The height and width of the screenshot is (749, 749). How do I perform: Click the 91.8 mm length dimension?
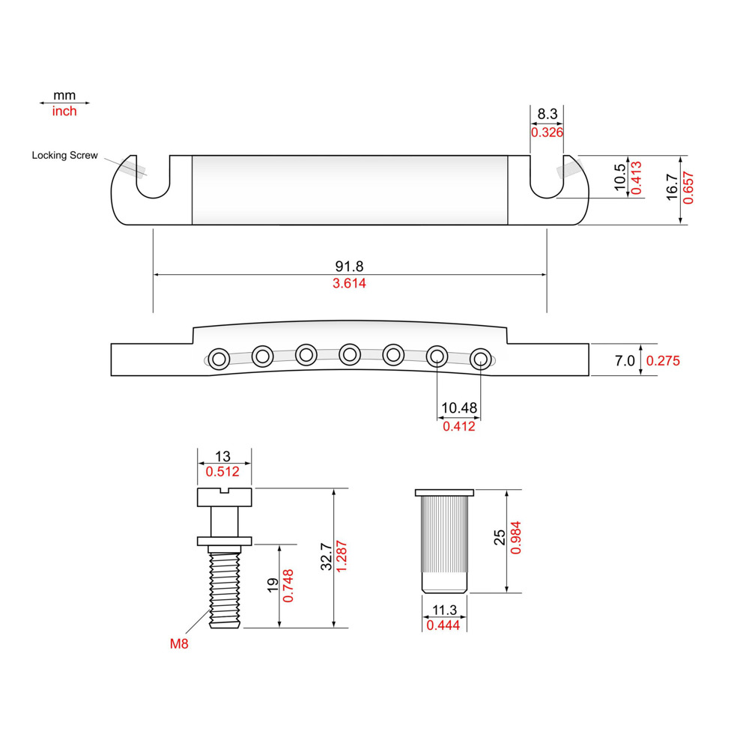pyautogui.click(x=349, y=266)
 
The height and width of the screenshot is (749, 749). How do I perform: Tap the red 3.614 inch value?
pyautogui.click(x=349, y=284)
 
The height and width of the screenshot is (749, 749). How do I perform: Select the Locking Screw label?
pyautogui.click(x=64, y=156)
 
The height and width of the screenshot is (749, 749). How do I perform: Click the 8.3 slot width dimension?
pyautogui.click(x=547, y=115)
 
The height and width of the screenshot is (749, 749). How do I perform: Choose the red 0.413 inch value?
pyautogui.click(x=635, y=178)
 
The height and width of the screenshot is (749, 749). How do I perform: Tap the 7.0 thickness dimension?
pyautogui.click(x=625, y=360)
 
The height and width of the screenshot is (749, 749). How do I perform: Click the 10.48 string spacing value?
pyautogui.click(x=458, y=408)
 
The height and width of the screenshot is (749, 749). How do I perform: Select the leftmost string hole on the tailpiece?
pyautogui.click(x=219, y=359)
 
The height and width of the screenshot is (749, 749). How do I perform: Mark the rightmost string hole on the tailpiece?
pyautogui.click(x=479, y=359)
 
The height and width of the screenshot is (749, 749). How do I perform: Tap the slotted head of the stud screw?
pyautogui.click(x=225, y=495)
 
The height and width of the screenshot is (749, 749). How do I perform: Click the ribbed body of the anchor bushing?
pyautogui.click(x=445, y=536)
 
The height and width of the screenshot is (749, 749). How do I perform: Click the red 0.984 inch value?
pyautogui.click(x=515, y=541)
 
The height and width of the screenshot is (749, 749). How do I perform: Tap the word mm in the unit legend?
pyautogui.click(x=64, y=96)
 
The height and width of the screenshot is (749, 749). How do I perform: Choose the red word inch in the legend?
pyautogui.click(x=64, y=111)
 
